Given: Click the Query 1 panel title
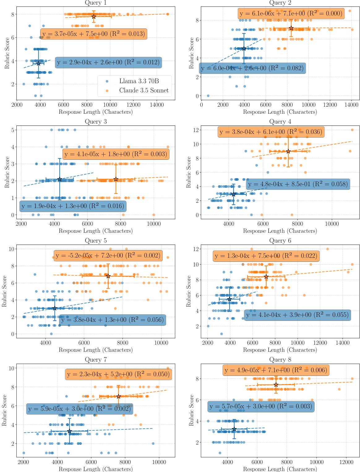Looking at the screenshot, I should click(96, 3).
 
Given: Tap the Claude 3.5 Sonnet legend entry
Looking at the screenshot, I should click(144, 91).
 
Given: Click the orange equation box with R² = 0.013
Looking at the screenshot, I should click(94, 34).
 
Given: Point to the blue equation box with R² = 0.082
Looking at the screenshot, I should click(252, 68).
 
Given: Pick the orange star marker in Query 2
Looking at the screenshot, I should click(291, 28).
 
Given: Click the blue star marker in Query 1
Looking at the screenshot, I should click(38, 63).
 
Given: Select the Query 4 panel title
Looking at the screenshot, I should click(280, 122).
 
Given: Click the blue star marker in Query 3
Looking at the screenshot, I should click(60, 179).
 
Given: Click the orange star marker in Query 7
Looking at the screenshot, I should click(118, 396).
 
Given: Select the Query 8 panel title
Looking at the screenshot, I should click(280, 360).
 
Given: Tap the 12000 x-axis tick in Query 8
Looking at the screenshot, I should click(346, 462).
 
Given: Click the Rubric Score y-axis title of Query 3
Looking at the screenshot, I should click(7, 172).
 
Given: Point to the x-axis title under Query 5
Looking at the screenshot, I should click(96, 350).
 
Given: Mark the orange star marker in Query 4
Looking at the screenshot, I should click(288, 151).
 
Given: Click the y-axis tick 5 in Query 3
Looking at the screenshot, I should click(13, 130).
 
